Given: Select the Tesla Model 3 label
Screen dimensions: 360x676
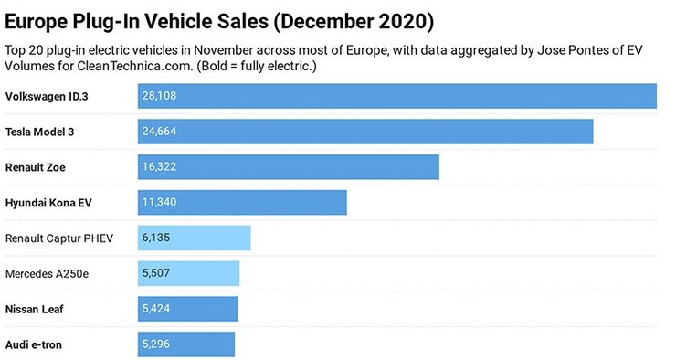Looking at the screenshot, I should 39,132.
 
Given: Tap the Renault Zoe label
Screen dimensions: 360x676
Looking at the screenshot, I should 35,167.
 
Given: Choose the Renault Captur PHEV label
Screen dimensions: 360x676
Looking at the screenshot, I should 59,238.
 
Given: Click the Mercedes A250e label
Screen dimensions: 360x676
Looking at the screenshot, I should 48,273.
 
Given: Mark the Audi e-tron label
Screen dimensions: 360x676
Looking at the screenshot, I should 34,344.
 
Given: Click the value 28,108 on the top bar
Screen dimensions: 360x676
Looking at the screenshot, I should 159,96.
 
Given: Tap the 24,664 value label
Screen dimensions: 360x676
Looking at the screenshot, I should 159,132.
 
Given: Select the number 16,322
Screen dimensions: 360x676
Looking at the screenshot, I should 159,167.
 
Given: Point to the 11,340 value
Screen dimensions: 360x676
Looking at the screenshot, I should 159,203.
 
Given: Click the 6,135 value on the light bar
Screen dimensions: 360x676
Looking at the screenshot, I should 156,238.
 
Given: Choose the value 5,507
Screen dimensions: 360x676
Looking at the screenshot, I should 156,273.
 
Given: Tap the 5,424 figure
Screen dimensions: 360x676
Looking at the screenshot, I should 156,309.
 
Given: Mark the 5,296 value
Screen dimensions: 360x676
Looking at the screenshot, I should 156,344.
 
